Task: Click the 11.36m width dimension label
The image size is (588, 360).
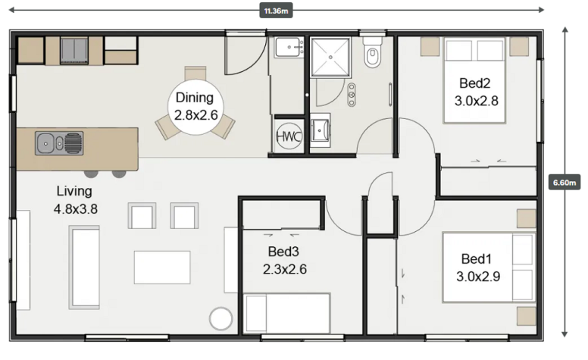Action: tap(276, 11)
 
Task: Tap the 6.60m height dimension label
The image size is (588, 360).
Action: tap(565, 183)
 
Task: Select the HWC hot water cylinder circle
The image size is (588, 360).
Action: tap(289, 136)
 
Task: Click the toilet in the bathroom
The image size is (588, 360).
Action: tap(372, 52)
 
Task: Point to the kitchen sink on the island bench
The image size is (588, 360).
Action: tap(59, 143)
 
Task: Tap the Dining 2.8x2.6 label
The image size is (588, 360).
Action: tap(195, 107)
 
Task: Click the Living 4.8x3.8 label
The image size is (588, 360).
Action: tap(75, 200)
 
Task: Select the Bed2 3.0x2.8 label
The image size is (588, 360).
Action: tap(476, 92)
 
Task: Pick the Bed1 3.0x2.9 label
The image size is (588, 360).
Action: tap(477, 268)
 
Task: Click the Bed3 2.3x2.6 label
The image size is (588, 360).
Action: tap(285, 260)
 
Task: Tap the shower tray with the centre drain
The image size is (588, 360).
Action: tap(330, 57)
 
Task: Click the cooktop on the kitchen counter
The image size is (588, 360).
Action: tap(74, 50)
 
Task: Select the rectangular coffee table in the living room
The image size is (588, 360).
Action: tap(162, 268)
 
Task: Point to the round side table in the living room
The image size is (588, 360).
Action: tap(220, 319)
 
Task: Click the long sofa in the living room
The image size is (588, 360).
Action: tap(84, 268)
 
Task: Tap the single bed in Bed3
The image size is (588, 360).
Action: tap(287, 314)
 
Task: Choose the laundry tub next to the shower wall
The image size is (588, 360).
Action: tap(289, 48)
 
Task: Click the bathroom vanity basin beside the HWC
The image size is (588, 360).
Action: tap(321, 130)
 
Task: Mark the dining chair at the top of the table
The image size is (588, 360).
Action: tap(195, 74)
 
